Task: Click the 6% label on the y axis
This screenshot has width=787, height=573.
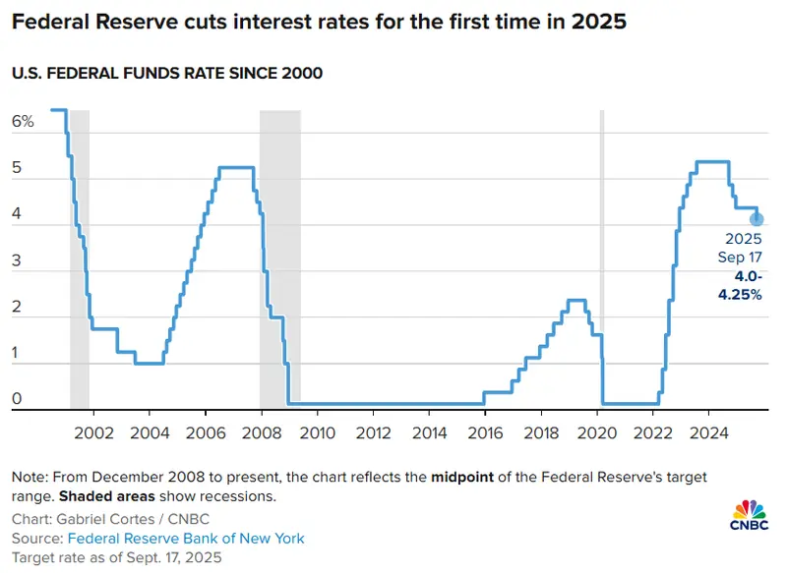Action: (23, 121)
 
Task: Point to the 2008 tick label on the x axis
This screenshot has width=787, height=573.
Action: (261, 432)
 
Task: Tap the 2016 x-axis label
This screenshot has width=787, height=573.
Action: (485, 432)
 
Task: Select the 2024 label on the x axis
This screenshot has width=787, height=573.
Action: (708, 432)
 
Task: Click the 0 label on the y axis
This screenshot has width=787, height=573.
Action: (17, 398)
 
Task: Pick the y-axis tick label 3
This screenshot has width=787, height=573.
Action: (17, 260)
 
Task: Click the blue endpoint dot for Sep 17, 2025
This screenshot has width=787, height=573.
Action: (757, 219)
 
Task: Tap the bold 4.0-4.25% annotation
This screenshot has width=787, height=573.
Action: (740, 285)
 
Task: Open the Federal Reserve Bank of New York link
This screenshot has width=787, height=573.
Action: (186, 539)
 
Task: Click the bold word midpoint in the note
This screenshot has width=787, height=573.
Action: (462, 477)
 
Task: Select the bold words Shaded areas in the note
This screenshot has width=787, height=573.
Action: (107, 496)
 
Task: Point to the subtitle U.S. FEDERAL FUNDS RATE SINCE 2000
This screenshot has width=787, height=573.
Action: (167, 73)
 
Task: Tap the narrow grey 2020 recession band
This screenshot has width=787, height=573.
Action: (602, 259)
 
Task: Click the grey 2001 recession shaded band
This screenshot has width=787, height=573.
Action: (80, 259)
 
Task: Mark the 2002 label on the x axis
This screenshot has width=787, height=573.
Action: (93, 432)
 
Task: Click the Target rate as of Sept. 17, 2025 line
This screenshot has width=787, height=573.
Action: (116, 557)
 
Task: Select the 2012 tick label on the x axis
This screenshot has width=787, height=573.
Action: (373, 432)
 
